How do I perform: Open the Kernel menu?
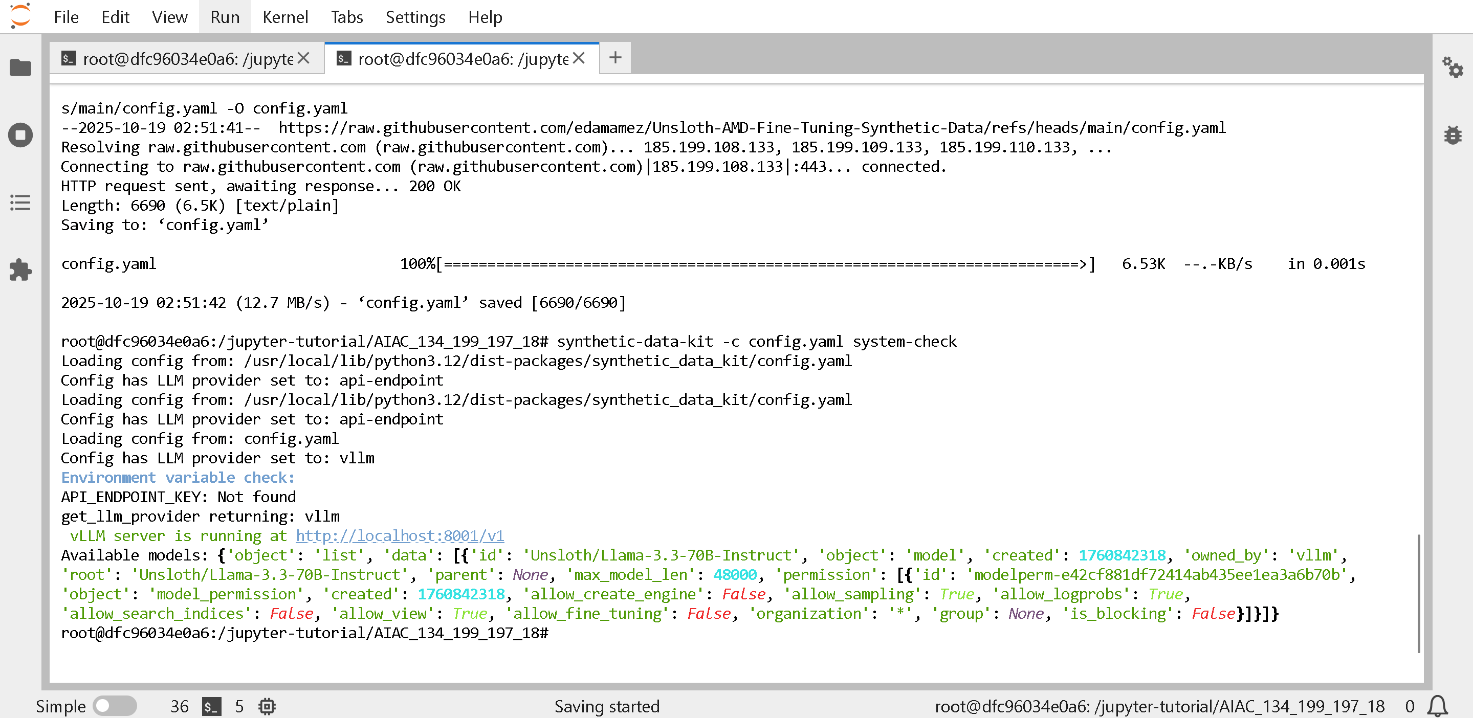(285, 17)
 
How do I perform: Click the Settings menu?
(415, 17)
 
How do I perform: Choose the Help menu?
(485, 17)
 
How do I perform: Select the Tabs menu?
(346, 17)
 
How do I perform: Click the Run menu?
(225, 17)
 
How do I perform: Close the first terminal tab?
(303, 58)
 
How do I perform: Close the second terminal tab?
(579, 58)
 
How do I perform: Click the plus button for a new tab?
(615, 58)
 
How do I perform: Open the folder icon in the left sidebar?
(20, 68)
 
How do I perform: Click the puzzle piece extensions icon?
(20, 270)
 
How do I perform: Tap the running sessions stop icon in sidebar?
(20, 136)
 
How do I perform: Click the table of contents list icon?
(20, 203)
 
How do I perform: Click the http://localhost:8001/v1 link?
(400, 535)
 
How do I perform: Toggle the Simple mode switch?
(115, 706)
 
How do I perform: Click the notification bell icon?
(1437, 706)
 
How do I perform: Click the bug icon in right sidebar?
(1453, 136)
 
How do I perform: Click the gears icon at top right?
(1453, 68)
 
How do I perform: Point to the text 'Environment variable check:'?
(178, 477)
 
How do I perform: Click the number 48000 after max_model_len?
(735, 574)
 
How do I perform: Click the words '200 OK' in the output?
(434, 186)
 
